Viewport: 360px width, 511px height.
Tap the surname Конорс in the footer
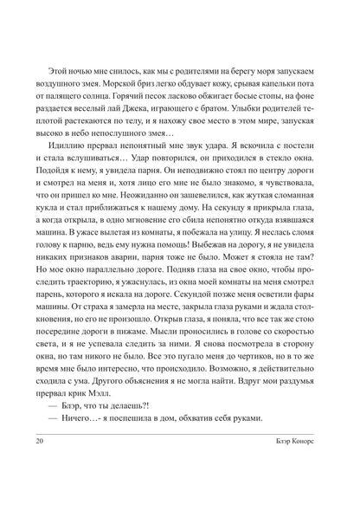point(314,489)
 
